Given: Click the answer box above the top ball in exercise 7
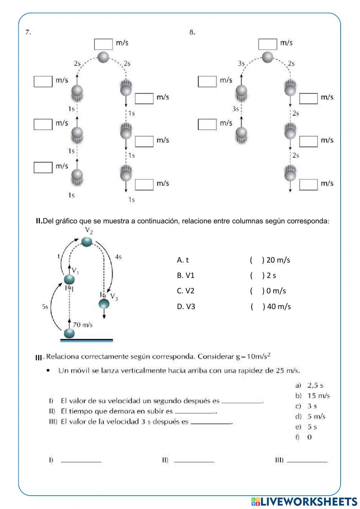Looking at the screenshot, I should tap(103, 44).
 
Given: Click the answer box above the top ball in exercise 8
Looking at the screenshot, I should tap(267, 44).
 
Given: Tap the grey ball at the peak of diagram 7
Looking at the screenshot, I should tap(103, 57).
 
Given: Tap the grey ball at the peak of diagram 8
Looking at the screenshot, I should tap(267, 57).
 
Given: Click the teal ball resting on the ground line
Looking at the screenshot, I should tap(69, 333).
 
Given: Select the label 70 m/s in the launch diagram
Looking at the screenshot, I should tap(82, 325).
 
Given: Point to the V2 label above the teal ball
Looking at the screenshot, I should tap(89, 231).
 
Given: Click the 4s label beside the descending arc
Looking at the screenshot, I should tap(118, 257).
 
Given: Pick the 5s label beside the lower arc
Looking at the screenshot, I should tap(45, 307).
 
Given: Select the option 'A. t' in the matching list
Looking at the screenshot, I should tap(183, 260).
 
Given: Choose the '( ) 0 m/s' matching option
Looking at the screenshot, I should tap(268, 291).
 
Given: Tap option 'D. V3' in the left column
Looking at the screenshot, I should tap(186, 307).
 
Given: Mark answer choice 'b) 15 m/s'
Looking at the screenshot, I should tap(313, 396).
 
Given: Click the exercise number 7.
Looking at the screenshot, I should tap(28, 32).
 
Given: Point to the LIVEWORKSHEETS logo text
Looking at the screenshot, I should tap(308, 501).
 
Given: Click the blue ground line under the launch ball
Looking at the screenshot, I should tap(86, 340).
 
